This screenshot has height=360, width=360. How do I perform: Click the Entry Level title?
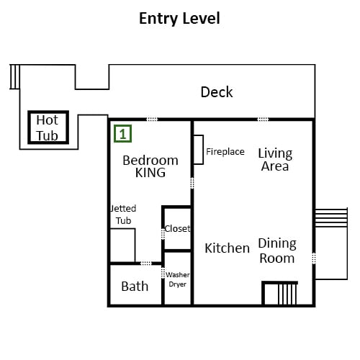pos(179,19)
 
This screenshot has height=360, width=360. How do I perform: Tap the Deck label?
pos(217,92)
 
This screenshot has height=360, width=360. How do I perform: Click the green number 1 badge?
pos(122,134)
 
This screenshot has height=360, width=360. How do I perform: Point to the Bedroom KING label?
pos(150,166)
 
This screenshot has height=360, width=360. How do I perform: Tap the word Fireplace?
pos(225,152)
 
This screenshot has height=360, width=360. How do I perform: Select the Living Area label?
pos(275,160)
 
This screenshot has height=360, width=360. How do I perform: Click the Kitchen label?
pos(227,248)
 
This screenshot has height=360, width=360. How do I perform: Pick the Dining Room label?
pos(277,251)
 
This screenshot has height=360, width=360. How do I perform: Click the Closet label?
pos(177,229)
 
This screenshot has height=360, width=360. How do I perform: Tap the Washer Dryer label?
pos(178,279)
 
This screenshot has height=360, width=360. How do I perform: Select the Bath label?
pos(135,287)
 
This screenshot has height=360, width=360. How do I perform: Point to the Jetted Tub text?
pos(123,215)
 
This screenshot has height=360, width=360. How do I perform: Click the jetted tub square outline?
pos(135,245)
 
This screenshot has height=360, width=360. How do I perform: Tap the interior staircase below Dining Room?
pos(280,293)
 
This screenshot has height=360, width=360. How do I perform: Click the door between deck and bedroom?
pos(152,120)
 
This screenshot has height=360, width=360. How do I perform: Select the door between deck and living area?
pos(263,120)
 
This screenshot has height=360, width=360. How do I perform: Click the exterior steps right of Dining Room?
pos(331,217)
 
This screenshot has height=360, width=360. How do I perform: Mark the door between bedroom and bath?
pos(146,264)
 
